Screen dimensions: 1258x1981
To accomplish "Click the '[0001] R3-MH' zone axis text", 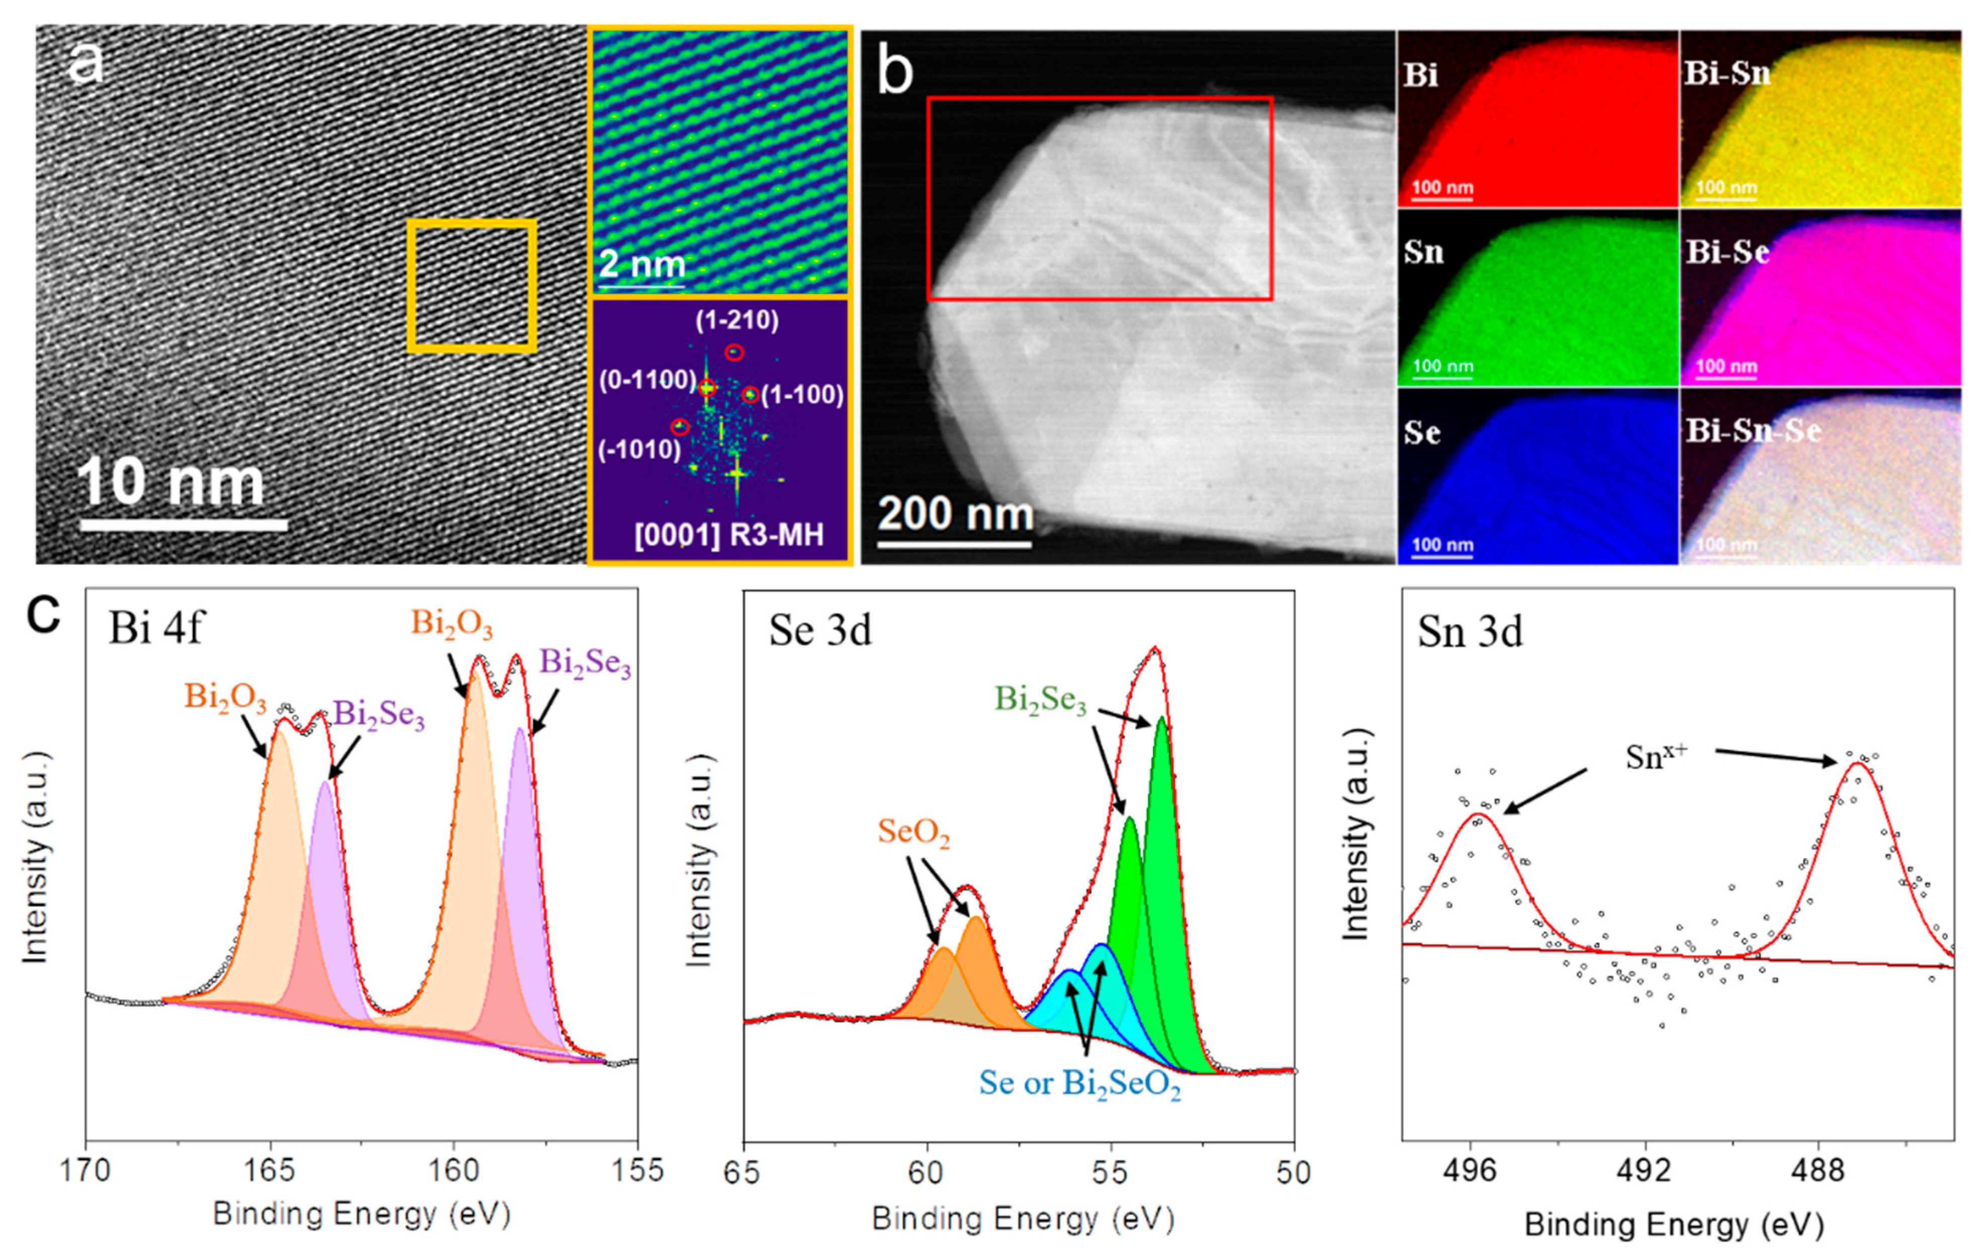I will (729, 535).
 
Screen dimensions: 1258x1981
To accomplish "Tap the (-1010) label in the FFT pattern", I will (639, 451).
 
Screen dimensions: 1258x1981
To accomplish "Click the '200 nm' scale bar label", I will (955, 514).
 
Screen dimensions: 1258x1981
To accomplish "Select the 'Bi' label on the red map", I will (1421, 75).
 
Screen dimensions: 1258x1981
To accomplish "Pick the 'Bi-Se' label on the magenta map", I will (1727, 252).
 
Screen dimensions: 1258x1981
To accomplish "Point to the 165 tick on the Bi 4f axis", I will (269, 1169).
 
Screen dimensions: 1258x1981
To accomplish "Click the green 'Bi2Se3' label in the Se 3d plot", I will (1040, 699).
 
